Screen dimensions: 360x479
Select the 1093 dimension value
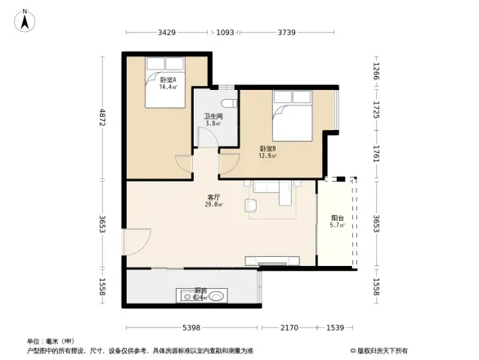point(226,33)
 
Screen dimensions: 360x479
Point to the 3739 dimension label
point(286,33)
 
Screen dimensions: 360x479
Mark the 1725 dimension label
point(377,110)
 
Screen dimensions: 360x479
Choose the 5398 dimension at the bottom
point(190,327)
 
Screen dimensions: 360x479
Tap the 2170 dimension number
point(288,327)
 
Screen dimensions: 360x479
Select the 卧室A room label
point(168,79)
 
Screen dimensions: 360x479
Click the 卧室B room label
point(267,148)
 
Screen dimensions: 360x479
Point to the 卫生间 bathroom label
point(213,116)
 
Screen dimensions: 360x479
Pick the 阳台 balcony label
point(337,218)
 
